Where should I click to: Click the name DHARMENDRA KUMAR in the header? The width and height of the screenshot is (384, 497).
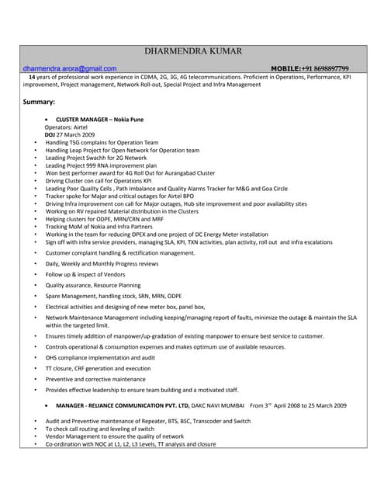[193, 51]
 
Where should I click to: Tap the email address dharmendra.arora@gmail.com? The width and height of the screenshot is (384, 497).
[70, 69]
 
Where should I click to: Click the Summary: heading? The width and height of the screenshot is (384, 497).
[38, 103]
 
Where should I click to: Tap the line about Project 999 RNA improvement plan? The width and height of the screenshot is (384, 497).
[101, 165]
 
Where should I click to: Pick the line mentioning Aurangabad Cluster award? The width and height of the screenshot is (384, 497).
[130, 173]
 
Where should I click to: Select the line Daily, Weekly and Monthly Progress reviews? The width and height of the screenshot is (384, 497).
[102, 264]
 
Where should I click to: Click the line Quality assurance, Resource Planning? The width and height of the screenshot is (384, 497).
[93, 286]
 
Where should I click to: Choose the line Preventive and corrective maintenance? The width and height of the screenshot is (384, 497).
[95, 379]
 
